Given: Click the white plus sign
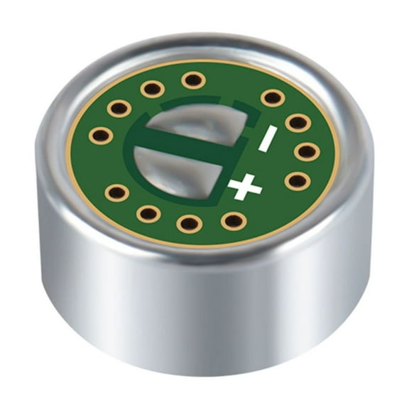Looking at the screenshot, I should (x=245, y=187).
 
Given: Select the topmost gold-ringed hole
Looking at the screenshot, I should (x=193, y=80).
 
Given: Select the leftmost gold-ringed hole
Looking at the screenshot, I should (x=102, y=135).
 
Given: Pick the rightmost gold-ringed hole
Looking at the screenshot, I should (x=307, y=151).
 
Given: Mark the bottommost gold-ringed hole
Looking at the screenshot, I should (x=190, y=224).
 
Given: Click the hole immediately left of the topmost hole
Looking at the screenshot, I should (x=152, y=89).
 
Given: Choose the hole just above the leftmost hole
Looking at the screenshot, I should (x=119, y=109).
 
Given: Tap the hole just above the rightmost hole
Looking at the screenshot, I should (x=298, y=123).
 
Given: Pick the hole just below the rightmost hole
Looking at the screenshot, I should (x=298, y=180).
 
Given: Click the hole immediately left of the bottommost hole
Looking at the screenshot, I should (x=148, y=213).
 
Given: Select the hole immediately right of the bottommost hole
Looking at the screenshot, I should (x=234, y=220).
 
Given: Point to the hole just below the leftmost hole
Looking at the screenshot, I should (x=116, y=192).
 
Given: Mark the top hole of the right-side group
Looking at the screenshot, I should (x=272, y=97).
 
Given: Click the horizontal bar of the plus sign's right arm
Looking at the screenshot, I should (x=255, y=189).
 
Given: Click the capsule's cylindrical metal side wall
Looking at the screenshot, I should (x=206, y=312).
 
